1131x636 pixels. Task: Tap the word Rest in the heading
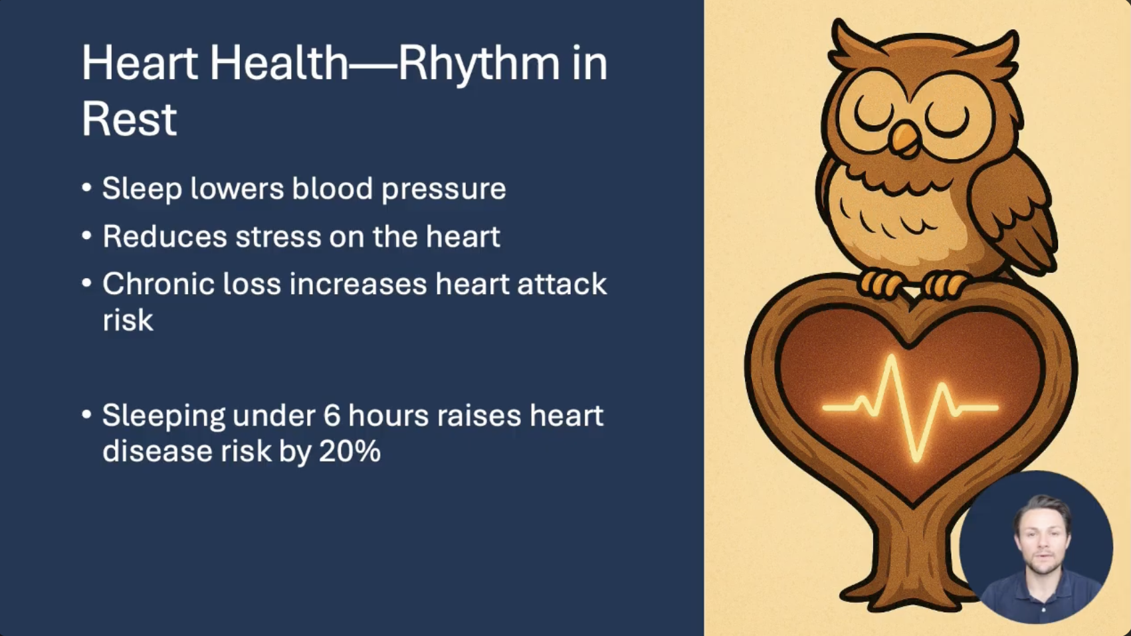point(130,119)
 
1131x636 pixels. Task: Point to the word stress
point(278,236)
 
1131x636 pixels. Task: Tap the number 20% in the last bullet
point(350,451)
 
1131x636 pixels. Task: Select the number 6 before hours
point(331,416)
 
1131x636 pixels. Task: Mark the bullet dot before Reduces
point(86,236)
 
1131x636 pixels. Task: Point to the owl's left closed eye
point(873,117)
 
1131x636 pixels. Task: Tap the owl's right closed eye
point(948,121)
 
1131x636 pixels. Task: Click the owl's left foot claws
point(880,284)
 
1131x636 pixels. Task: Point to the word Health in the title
point(279,64)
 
